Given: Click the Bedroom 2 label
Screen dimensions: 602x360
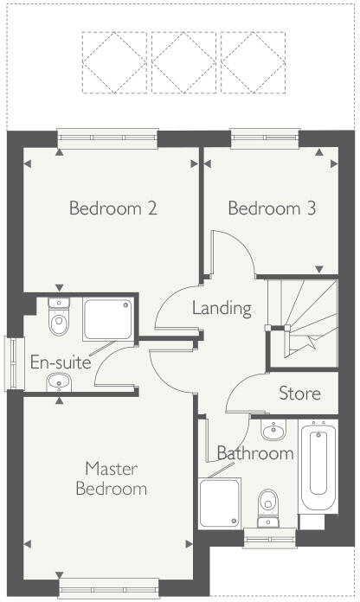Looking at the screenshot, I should point(112,208).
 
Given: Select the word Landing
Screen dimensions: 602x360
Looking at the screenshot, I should point(222,308).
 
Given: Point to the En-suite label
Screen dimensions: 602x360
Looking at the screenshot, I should point(61,362).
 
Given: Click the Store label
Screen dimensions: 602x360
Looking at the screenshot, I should point(299,394).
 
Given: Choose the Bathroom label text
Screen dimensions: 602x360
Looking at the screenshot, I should point(255,453).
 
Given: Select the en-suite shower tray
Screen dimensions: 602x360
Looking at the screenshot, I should point(108,319).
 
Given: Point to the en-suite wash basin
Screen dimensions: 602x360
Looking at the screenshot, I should point(59,381).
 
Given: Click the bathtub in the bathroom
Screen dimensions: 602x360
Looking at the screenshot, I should point(317,467).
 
